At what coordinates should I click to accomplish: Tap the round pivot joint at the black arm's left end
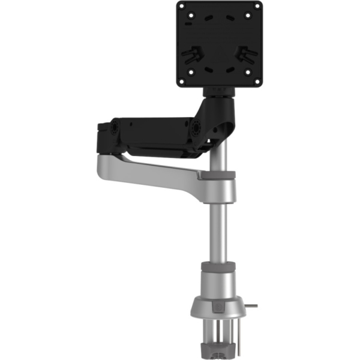tap(113, 128)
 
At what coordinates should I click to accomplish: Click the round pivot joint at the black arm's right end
tap(195, 128)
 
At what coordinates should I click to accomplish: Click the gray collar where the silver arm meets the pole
tap(218, 175)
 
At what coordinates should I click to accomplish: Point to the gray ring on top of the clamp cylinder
tap(219, 265)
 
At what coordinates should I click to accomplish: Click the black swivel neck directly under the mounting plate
tap(220, 95)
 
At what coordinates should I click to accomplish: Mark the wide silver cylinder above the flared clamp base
tap(219, 280)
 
